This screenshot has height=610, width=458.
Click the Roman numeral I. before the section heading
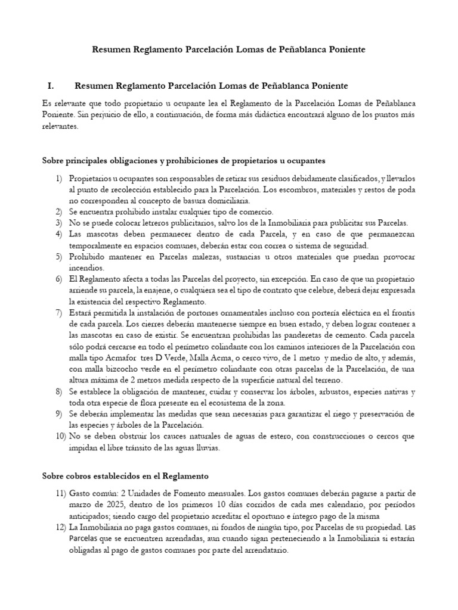(50, 86)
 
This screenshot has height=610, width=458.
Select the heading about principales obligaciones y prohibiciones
(183, 161)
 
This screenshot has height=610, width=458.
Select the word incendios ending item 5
(86, 267)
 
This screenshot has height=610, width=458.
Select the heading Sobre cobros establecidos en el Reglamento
(125, 476)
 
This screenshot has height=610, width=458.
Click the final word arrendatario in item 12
(264, 550)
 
